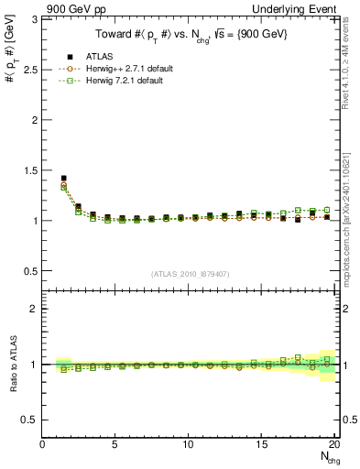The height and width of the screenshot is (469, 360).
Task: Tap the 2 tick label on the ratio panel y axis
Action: [35, 309]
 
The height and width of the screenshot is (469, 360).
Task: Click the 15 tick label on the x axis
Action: [260, 444]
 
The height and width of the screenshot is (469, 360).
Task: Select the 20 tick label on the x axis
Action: [333, 444]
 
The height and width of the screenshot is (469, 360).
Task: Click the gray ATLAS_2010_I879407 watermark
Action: [191, 273]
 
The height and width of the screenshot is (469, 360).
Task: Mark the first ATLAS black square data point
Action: [63, 178]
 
